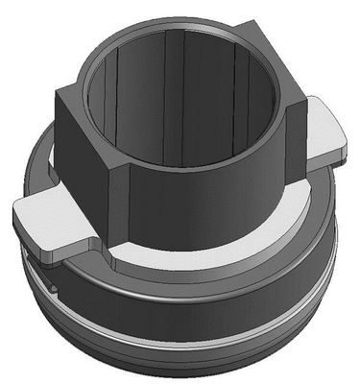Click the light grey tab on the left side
pos(48,219)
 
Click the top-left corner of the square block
pos(60,92)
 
